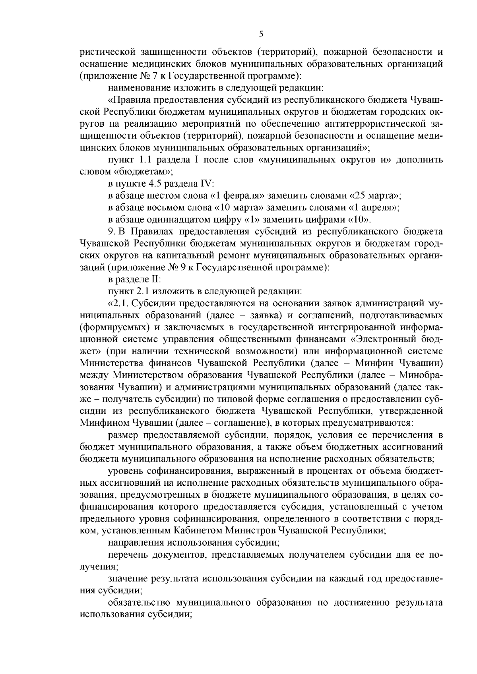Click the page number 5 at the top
tap(261, 35)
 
